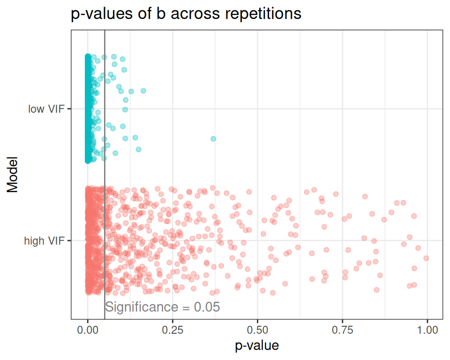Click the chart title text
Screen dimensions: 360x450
(186, 14)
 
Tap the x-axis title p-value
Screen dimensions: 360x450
(257, 346)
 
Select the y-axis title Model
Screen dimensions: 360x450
(13, 174)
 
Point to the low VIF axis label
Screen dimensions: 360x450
(46, 109)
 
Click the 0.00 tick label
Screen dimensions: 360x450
(88, 330)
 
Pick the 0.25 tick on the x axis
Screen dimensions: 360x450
(172, 330)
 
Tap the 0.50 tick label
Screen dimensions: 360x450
(257, 330)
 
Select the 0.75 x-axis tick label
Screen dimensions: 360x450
(342, 330)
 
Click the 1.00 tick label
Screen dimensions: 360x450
(427, 330)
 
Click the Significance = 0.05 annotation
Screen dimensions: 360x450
(162, 307)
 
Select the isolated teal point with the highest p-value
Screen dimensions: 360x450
(213, 139)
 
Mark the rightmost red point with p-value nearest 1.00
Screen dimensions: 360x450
(426, 258)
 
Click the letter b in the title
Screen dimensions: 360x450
(159, 14)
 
